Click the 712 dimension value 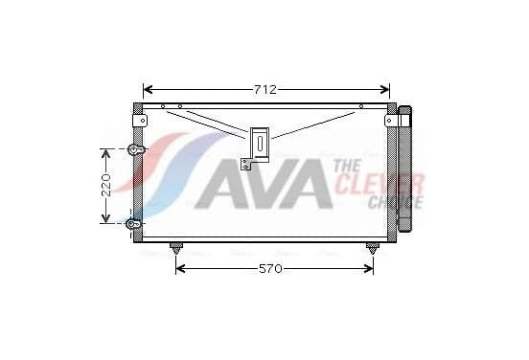coord(264,90)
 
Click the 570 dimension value coord(270,269)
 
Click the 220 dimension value coord(106,186)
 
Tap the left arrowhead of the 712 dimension coord(149,90)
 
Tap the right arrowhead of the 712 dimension coord(384,90)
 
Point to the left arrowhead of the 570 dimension coord(181,269)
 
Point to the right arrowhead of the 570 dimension coord(368,269)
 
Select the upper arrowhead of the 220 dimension coord(106,154)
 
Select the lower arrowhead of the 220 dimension coord(106,217)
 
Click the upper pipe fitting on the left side coord(136,149)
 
